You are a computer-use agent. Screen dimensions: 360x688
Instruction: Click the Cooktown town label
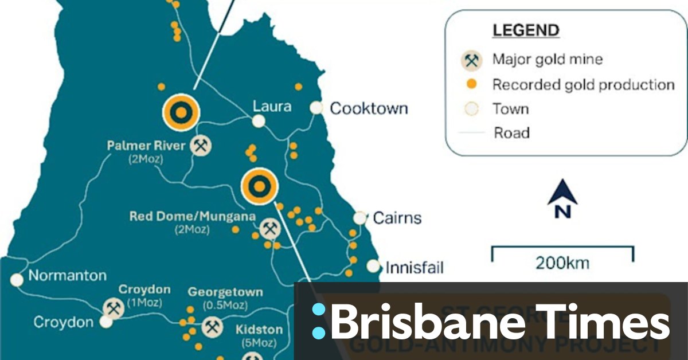(369, 108)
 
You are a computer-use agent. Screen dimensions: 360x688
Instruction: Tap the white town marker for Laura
(259, 121)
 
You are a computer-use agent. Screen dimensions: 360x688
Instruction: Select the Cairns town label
(397, 218)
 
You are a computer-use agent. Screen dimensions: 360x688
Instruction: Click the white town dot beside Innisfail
(373, 266)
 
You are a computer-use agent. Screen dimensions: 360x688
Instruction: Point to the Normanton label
(67, 276)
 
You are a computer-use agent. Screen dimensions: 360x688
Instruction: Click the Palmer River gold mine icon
(200, 146)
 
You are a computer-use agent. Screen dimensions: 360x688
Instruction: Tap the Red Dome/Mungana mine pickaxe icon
(269, 229)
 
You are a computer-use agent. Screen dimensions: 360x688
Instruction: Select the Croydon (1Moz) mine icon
(113, 308)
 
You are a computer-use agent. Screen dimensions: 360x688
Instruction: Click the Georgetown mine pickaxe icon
(212, 327)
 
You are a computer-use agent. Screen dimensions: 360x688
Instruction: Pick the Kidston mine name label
(259, 330)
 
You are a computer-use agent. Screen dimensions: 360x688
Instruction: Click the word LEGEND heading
(526, 30)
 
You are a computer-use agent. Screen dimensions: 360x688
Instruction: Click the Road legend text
(511, 133)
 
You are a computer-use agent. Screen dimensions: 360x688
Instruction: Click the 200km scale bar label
(562, 263)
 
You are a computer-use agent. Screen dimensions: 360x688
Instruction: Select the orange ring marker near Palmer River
(181, 112)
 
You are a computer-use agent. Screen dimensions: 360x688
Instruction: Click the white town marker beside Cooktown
(316, 108)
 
